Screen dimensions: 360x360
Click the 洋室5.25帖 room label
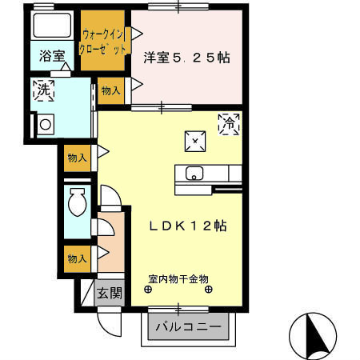[x=186, y=58]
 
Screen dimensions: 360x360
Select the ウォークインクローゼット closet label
[x=104, y=42]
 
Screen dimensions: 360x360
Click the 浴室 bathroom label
[x=53, y=58]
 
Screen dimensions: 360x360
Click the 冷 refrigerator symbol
[x=230, y=124]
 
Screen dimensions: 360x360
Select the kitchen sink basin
[x=194, y=172]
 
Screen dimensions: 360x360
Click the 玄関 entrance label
[x=109, y=294]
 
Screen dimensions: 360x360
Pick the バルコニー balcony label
[x=188, y=327]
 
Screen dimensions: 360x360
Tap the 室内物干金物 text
[x=178, y=279]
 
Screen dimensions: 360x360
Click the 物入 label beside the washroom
[x=111, y=92]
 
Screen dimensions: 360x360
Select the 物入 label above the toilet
[x=78, y=158]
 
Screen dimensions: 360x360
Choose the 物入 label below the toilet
[x=78, y=258]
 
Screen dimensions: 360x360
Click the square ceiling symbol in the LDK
[x=195, y=141]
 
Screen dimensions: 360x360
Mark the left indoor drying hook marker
[x=147, y=290]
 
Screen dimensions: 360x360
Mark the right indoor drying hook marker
[x=210, y=290]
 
